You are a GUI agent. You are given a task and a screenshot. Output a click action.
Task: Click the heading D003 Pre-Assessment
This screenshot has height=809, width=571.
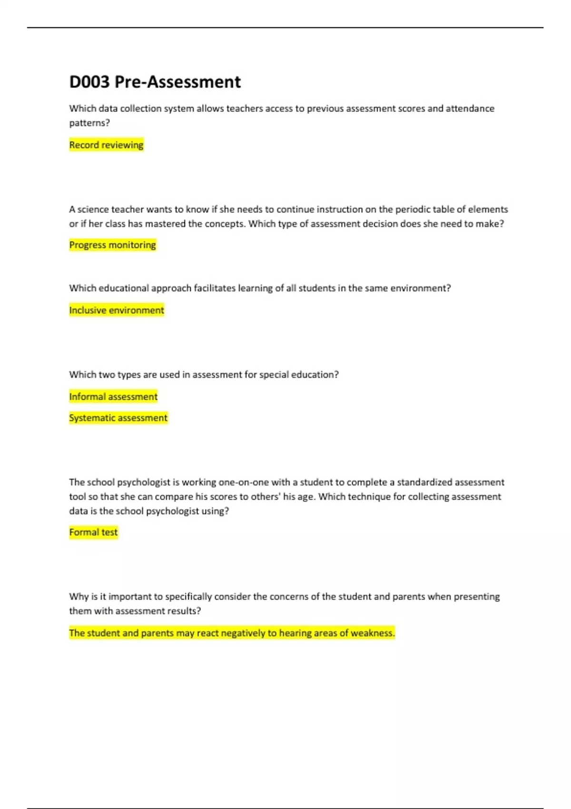(x=155, y=82)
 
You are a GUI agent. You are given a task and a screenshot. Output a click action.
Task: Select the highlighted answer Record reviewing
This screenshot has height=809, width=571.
(x=106, y=145)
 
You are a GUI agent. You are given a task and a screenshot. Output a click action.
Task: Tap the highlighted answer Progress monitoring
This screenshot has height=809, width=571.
(x=112, y=245)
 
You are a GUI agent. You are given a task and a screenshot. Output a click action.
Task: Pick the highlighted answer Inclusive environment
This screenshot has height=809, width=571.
(x=117, y=310)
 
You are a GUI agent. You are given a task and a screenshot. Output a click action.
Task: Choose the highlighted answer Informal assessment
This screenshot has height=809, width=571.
(x=113, y=396)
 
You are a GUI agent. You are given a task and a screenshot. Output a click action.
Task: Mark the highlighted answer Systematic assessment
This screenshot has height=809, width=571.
(x=118, y=418)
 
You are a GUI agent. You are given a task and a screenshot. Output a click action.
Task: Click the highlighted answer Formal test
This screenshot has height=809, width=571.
(x=93, y=532)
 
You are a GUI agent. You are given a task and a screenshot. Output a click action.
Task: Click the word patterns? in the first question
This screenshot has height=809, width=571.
(x=89, y=123)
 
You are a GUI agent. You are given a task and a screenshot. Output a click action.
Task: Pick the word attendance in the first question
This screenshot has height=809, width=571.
(x=470, y=109)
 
